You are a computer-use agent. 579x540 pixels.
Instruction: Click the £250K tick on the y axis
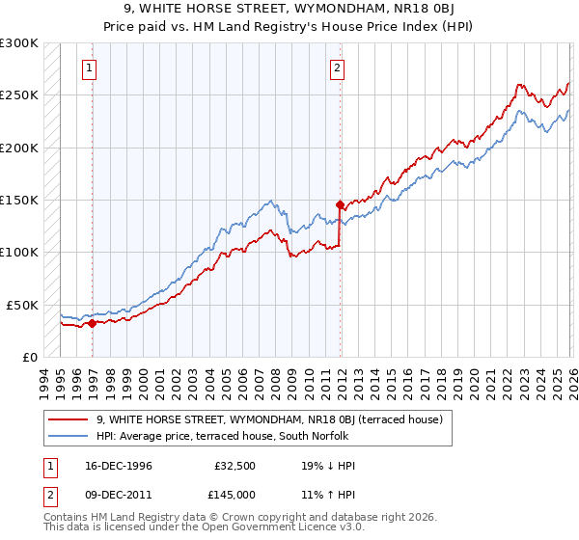tap(19, 95)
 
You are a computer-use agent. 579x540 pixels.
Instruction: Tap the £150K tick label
tap(19, 201)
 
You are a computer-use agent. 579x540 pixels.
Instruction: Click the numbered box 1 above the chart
tap(89, 67)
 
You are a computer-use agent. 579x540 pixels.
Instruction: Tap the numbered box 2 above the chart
tap(337, 67)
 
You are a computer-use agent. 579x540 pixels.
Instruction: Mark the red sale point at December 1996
tap(93, 324)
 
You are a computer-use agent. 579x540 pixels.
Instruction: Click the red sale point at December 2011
tap(340, 204)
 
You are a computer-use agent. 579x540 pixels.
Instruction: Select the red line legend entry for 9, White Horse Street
tap(269, 419)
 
